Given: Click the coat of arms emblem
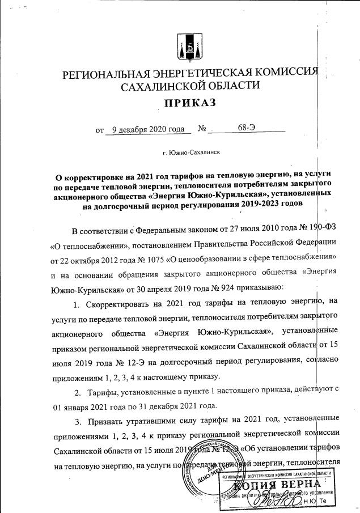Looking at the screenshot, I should (x=188, y=47).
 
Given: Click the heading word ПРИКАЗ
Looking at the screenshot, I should (x=190, y=103).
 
